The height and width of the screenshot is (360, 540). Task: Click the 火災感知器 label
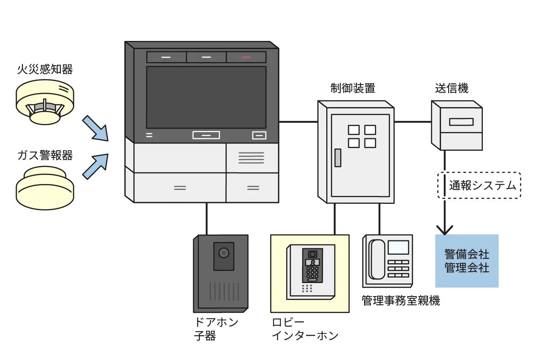(45, 69)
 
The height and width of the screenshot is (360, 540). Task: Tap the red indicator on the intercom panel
(246, 57)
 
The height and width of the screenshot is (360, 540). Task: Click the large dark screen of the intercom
(206, 97)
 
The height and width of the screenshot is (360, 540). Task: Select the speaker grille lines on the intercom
(251, 157)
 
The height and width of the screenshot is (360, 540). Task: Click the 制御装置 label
(352, 88)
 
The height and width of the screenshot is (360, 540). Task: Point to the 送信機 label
(451, 88)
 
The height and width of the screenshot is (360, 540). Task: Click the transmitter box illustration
(457, 125)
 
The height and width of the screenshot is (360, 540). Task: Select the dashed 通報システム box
(479, 185)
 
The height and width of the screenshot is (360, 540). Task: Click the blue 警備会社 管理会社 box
(467, 261)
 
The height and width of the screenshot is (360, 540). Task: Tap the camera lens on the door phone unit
(224, 253)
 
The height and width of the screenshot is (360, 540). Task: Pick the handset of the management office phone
(377, 259)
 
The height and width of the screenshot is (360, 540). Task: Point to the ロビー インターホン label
(305, 329)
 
